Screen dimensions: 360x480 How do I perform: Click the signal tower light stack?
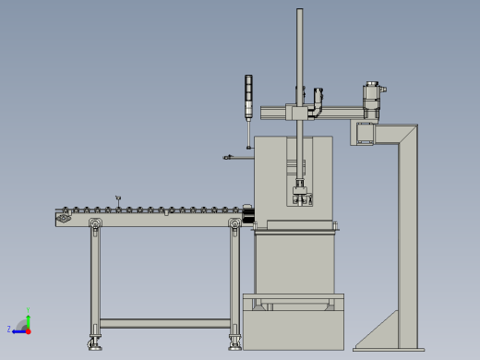tap(248, 96)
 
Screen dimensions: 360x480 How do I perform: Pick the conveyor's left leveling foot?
tap(94, 343)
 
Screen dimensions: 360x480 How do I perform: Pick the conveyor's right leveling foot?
tap(235, 342)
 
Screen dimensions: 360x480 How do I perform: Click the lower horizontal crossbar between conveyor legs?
tap(164, 323)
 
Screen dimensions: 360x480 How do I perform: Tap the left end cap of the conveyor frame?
tap(63, 218)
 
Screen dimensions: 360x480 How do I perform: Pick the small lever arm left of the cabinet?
tap(234, 157)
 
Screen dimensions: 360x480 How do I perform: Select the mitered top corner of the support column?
tap(407, 134)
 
